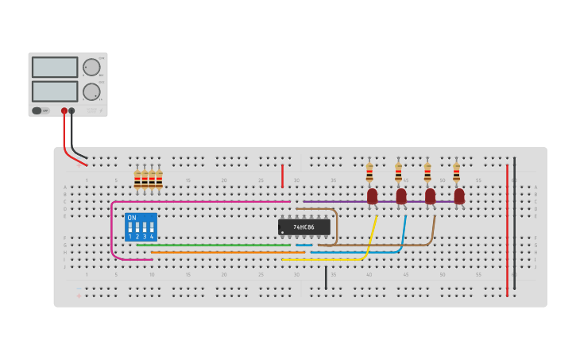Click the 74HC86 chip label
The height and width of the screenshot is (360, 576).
click(x=303, y=227)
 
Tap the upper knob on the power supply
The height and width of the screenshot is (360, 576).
click(x=91, y=68)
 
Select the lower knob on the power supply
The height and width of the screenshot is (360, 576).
click(x=91, y=91)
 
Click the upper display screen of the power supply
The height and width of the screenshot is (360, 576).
click(x=55, y=67)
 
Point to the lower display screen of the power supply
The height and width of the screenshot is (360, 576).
click(x=55, y=91)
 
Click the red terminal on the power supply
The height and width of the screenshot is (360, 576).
click(x=64, y=111)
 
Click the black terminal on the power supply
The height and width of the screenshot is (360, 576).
click(x=72, y=111)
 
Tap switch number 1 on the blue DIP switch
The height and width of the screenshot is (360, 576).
click(x=130, y=229)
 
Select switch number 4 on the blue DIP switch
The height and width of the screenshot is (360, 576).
click(x=151, y=229)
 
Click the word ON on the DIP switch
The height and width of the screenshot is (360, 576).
click(x=132, y=218)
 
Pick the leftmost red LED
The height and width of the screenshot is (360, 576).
click(x=372, y=195)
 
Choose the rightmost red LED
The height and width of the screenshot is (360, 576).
click(x=459, y=195)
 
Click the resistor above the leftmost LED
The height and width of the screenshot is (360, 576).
click(x=369, y=172)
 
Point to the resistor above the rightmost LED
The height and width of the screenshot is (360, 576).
click(x=456, y=172)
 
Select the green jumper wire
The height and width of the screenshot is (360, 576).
click(x=215, y=245)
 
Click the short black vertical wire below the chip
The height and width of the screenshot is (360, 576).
click(x=326, y=277)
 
